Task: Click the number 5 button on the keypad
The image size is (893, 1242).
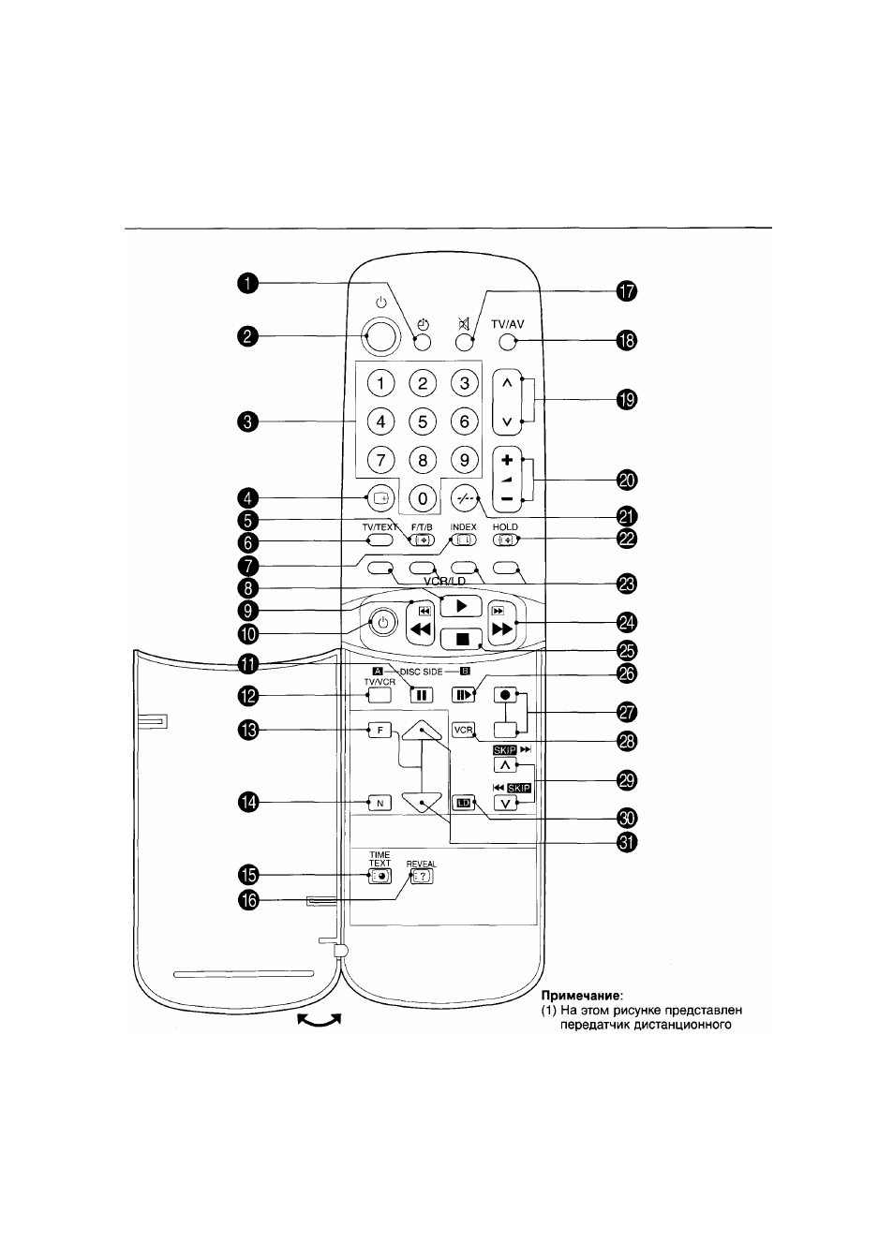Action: tap(422, 421)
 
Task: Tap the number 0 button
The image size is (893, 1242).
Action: tap(422, 498)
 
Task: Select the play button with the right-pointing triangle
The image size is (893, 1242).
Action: tap(461, 605)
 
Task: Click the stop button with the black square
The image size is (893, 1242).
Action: tap(461, 640)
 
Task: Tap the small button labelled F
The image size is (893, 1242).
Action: tap(380, 731)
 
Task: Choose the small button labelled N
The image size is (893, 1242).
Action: tap(380, 803)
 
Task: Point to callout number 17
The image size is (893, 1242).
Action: tap(626, 291)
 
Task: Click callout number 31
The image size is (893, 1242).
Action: tap(627, 842)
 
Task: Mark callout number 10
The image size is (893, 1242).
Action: tap(248, 633)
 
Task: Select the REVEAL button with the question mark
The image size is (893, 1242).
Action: tap(422, 876)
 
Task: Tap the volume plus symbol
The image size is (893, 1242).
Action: tap(506, 460)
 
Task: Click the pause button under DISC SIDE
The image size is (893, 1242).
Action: tap(421, 695)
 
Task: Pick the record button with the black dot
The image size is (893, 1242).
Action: tap(505, 695)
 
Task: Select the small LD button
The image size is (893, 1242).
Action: tap(464, 803)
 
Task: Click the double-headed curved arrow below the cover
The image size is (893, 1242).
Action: tap(320, 1018)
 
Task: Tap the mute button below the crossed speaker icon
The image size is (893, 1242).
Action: tap(464, 343)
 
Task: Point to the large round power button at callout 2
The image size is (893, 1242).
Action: tap(380, 336)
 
